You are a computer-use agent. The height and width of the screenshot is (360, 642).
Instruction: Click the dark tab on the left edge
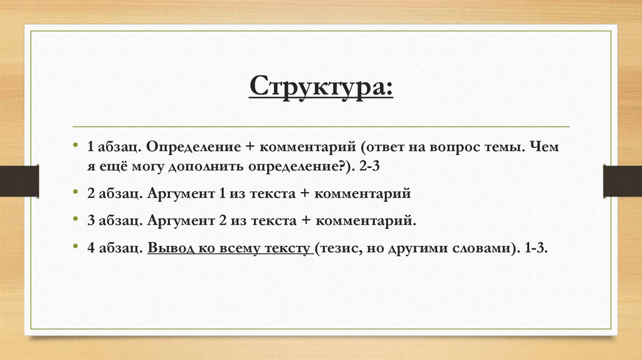19,181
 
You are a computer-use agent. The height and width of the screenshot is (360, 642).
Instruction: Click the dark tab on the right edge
623,181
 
